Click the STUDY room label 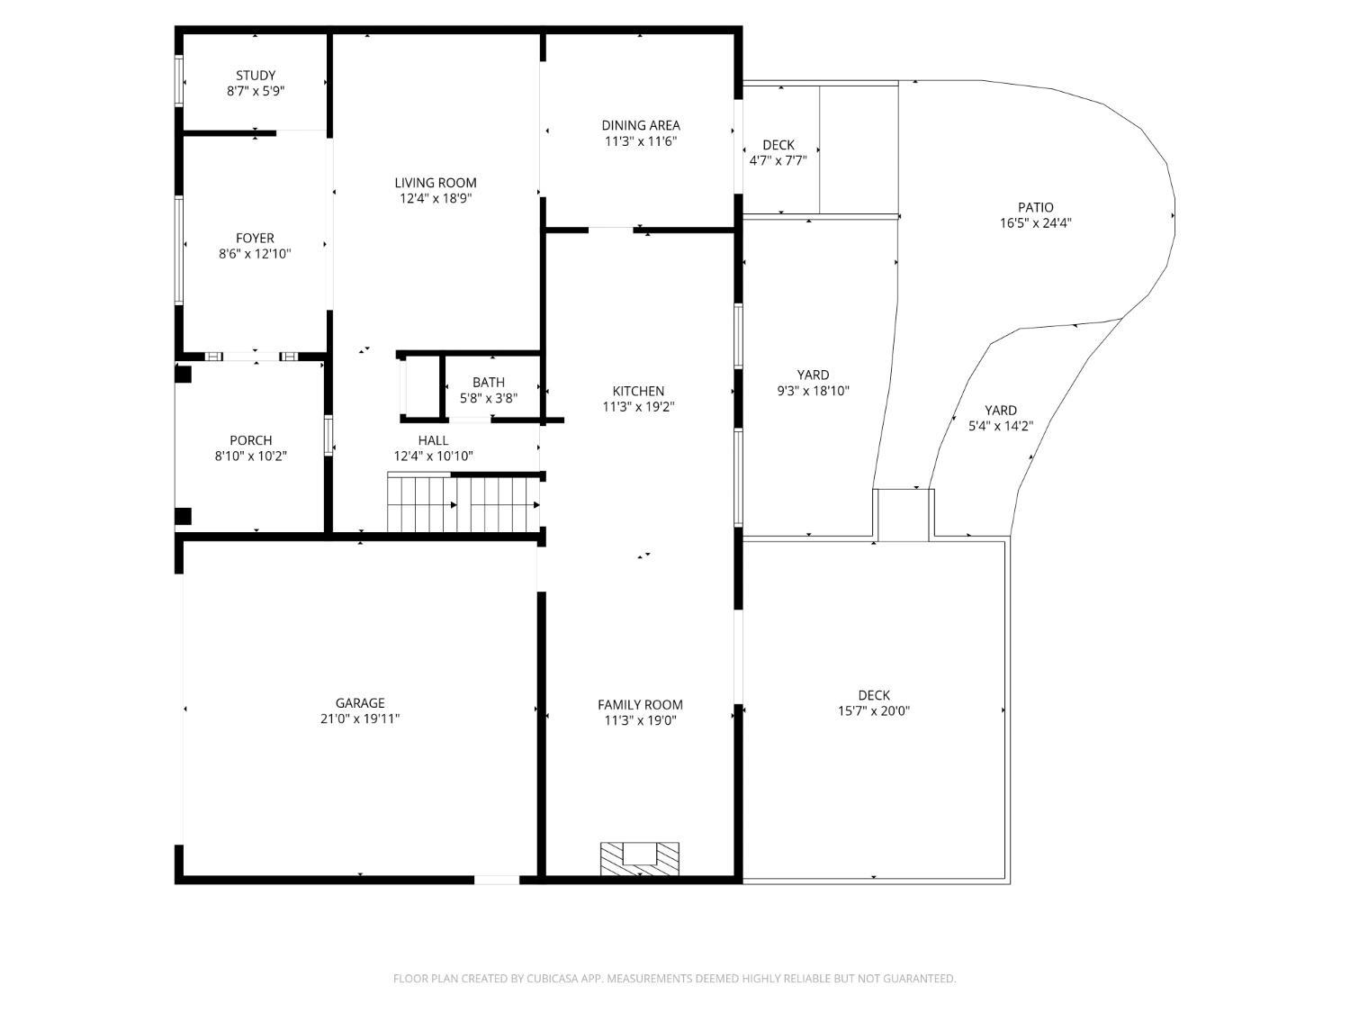click(x=256, y=76)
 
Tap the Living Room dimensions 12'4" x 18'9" click(x=436, y=199)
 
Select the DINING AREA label click(x=640, y=125)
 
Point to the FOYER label click(x=255, y=238)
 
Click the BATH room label click(x=489, y=383)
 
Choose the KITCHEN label click(x=638, y=391)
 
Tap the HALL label click(x=433, y=440)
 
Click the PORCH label click(x=250, y=440)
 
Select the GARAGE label click(x=360, y=703)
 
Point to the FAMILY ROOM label click(x=640, y=705)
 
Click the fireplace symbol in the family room click(x=640, y=859)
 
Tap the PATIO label click(x=1035, y=207)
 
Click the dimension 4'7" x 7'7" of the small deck click(x=778, y=161)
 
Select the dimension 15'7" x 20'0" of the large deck click(x=873, y=711)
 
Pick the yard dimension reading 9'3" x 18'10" click(x=813, y=391)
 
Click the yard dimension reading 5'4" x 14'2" click(x=1001, y=426)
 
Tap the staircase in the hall click(x=463, y=502)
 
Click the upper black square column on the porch click(x=184, y=374)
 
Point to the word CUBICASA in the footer click(x=553, y=978)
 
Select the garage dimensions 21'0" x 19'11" click(x=360, y=719)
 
